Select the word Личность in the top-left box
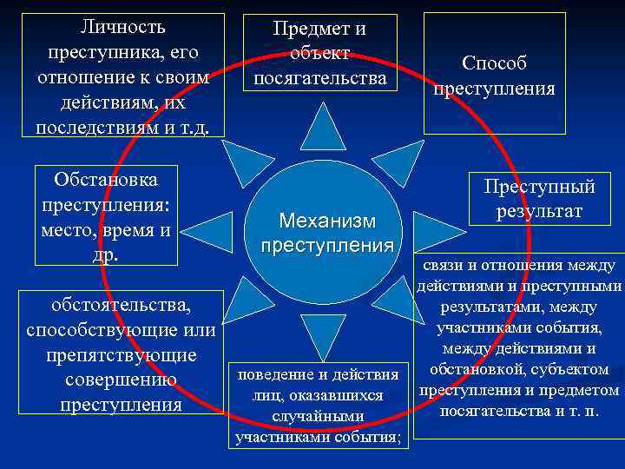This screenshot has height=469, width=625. tap(122, 27)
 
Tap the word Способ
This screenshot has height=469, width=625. tap(494, 63)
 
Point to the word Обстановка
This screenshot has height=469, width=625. tap(105, 181)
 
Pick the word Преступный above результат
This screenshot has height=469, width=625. tap(539, 186)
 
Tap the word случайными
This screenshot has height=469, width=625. tap(318, 416)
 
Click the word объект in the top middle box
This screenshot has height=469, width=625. tap(319, 54)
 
